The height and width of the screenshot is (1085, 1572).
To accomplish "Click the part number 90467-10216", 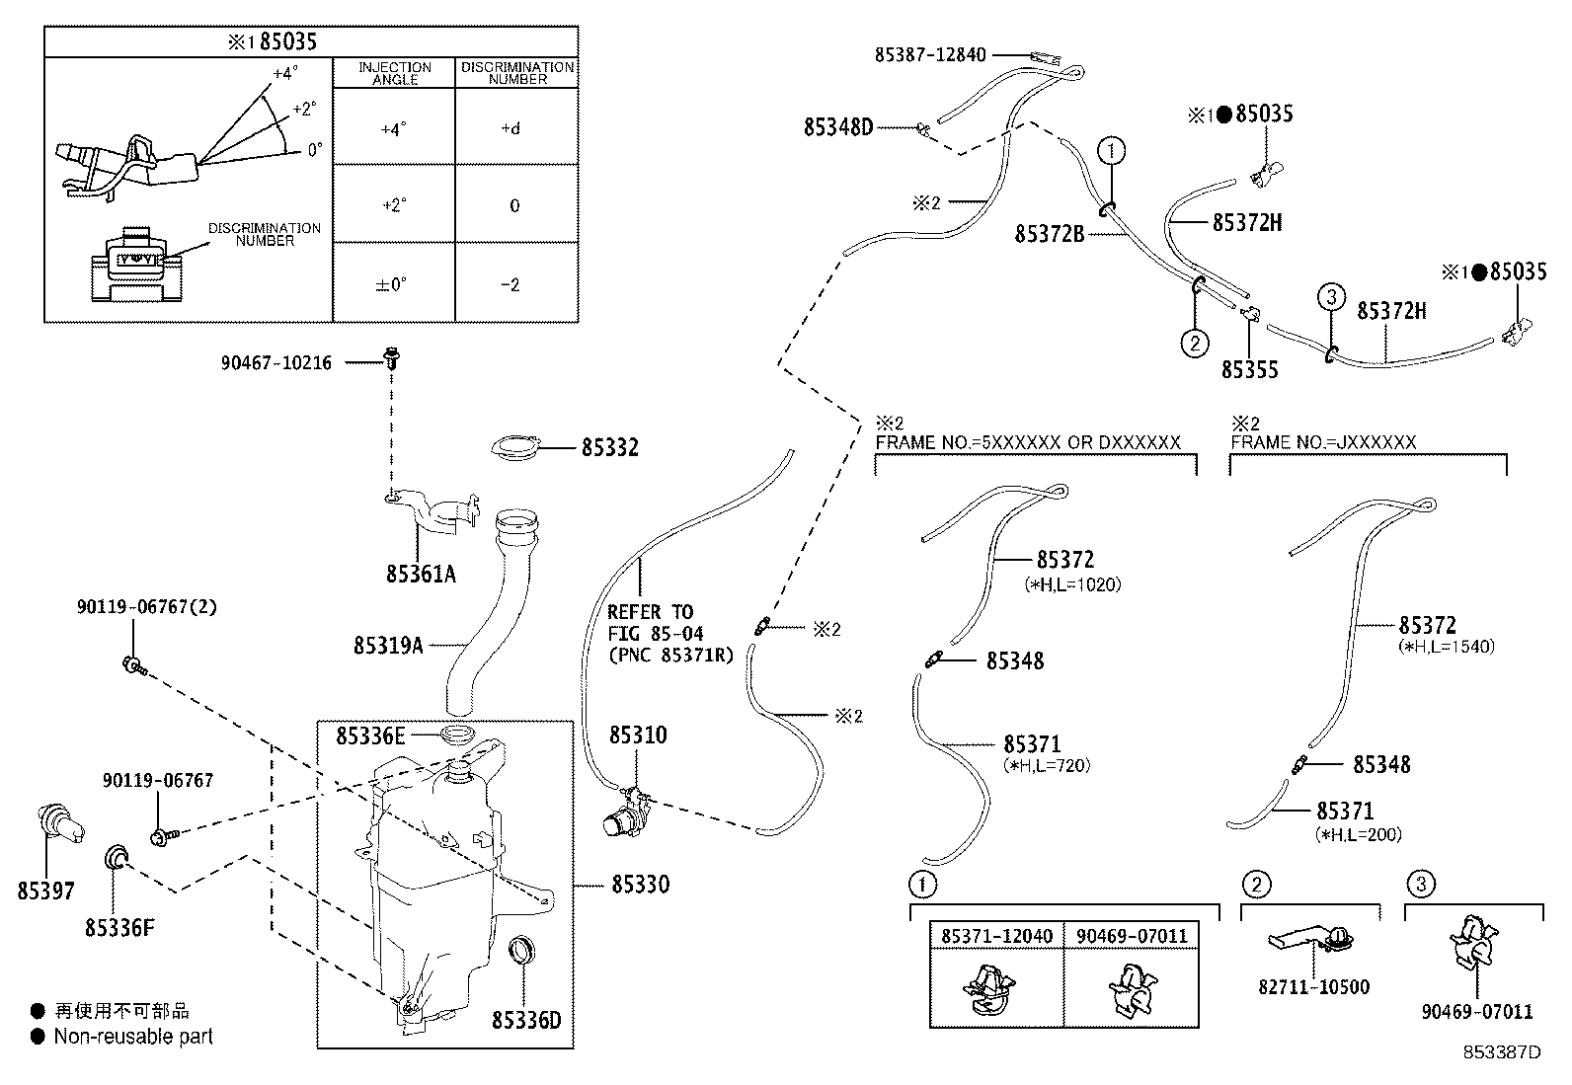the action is click(275, 363).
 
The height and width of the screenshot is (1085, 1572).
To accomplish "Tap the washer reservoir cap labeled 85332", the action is click(515, 448).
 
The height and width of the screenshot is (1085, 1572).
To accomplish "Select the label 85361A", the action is click(421, 574).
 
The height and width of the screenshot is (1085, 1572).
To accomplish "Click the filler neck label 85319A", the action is click(388, 645).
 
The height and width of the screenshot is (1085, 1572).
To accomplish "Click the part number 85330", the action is click(640, 885).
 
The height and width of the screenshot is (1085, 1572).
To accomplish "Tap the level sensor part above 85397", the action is click(59, 824).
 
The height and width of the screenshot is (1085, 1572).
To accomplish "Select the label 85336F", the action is click(119, 928).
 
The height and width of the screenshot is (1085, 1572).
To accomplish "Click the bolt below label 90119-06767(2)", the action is click(134, 665).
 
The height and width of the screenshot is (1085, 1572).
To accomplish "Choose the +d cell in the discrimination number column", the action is click(511, 128).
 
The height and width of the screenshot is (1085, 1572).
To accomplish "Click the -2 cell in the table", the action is click(511, 285).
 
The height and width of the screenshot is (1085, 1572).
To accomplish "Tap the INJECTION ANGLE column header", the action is click(394, 73).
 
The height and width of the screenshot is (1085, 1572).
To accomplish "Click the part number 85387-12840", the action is click(930, 54).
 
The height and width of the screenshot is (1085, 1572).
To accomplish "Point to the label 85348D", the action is click(838, 127).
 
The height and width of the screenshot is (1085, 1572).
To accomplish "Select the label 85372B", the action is click(1050, 234).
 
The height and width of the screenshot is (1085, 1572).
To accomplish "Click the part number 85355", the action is click(1249, 370).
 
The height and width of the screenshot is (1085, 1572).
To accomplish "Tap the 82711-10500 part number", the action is click(1313, 986).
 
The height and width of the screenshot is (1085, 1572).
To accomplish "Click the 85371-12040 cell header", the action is click(996, 936).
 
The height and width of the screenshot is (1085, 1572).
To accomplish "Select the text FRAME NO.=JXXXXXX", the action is click(1323, 442).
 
